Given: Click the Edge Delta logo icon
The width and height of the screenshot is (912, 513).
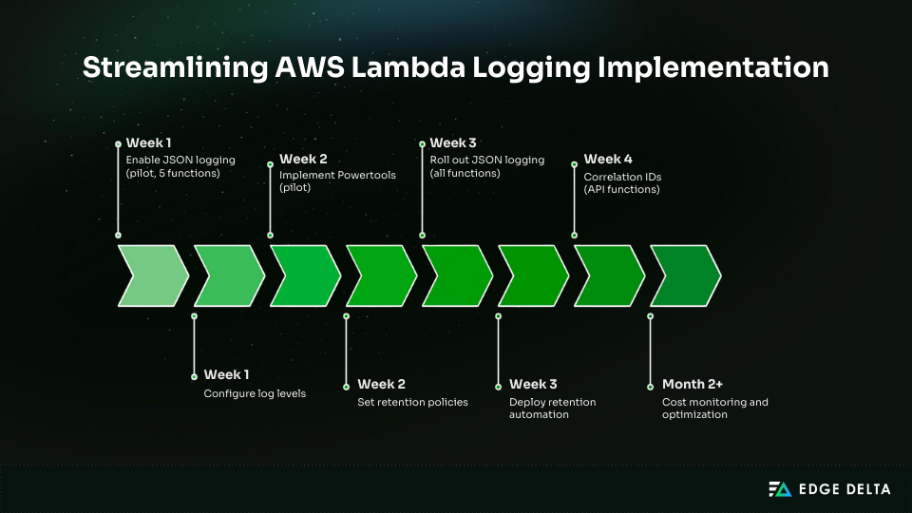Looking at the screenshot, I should pos(779,489).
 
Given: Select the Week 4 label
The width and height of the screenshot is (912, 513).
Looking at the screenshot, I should pos(608,159).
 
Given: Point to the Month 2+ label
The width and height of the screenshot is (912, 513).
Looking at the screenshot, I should pos(693,385).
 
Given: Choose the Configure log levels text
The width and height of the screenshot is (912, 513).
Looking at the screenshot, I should pos(255,393).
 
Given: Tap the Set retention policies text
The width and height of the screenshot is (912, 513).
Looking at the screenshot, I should pos(412,402).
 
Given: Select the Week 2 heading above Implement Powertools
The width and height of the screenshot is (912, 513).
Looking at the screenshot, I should pos(303,159).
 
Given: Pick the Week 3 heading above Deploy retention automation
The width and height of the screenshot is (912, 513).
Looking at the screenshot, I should pos(533,385).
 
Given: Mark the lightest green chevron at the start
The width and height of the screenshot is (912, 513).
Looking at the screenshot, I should pos(152,275).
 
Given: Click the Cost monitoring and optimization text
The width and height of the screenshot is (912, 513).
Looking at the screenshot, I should pos(714,408).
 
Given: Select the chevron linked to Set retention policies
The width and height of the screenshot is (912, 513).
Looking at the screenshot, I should pos(381,275).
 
